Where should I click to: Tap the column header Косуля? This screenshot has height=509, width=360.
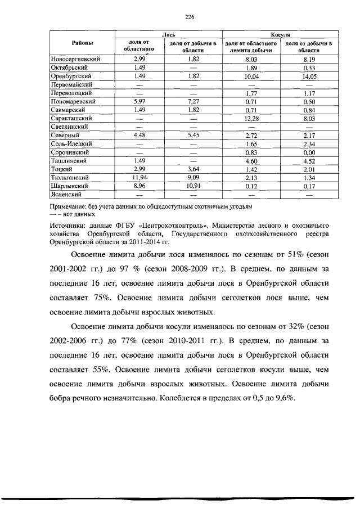pyautogui.click(x=280, y=35)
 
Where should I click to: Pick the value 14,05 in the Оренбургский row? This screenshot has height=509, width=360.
pyautogui.click(x=308, y=75)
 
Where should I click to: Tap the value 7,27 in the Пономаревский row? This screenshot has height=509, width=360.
pyautogui.click(x=193, y=101)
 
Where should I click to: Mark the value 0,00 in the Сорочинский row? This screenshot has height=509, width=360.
pyautogui.click(x=308, y=152)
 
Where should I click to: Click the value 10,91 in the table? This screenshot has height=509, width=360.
pyautogui.click(x=193, y=186)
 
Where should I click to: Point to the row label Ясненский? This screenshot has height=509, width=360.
pyautogui.click(x=66, y=194)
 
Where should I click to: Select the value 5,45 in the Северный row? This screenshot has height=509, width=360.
pyautogui.click(x=193, y=136)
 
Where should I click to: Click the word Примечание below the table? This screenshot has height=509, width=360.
pyautogui.click(x=68, y=206)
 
